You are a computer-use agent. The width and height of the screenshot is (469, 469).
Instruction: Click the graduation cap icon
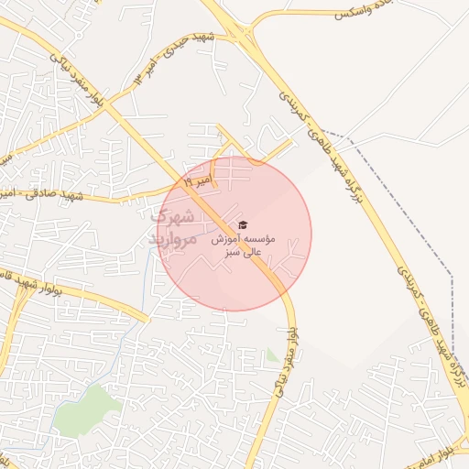[x=243, y=224]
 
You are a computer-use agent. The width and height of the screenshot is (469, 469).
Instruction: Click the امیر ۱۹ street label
[x=198, y=183]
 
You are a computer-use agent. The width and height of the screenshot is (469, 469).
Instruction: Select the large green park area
[x=87, y=408]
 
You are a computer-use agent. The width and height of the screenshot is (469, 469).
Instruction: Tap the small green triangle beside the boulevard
[x=271, y=355]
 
